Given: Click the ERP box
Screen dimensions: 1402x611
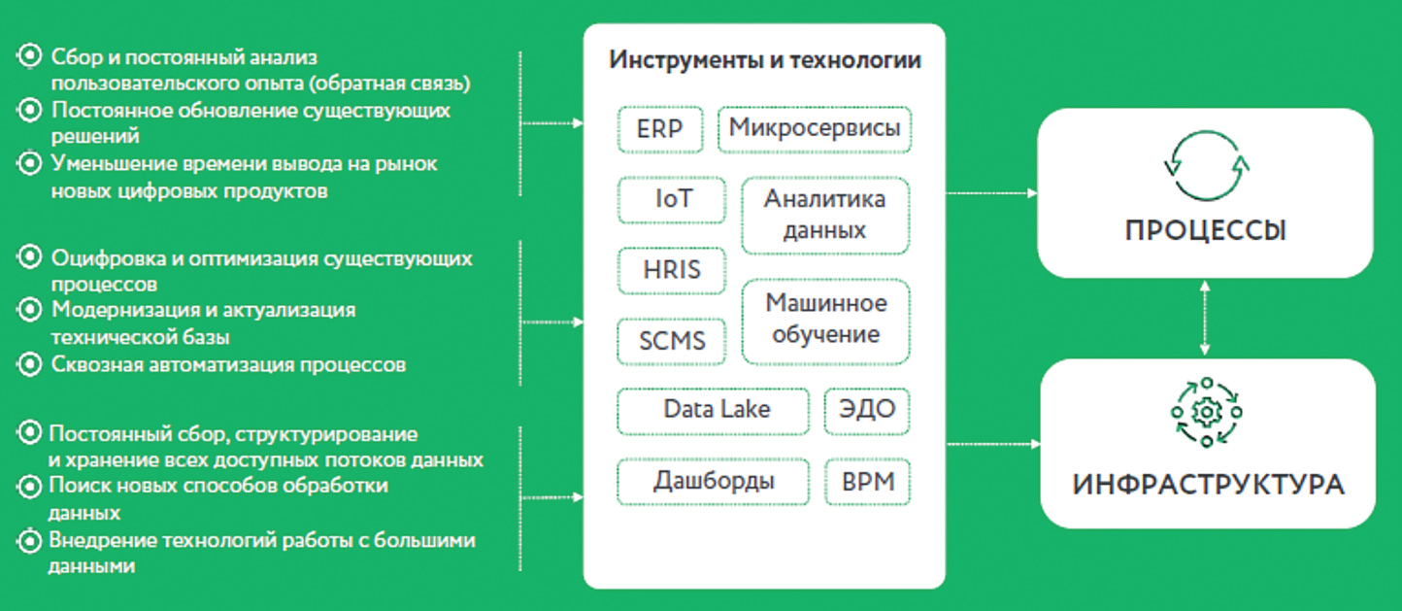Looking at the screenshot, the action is click(659, 129).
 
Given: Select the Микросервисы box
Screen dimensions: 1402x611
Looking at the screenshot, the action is click(815, 129).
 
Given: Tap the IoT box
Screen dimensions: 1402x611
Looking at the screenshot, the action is click(672, 200).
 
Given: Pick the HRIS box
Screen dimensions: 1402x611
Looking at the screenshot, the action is click(672, 270).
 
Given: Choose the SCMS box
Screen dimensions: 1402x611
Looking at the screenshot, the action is click(672, 341).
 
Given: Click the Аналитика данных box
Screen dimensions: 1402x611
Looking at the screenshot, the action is click(825, 216).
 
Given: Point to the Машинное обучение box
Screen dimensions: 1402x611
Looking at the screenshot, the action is click(825, 322).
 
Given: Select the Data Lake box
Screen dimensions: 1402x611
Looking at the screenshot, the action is click(713, 411).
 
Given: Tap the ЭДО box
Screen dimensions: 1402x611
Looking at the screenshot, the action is click(867, 411).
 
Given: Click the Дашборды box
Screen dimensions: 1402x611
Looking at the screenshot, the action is click(713, 482).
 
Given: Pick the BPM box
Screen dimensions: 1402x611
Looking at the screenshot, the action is click(867, 482).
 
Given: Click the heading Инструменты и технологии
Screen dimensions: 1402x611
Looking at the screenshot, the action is click(765, 60).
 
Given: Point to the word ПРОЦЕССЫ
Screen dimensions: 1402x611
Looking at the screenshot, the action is click(1206, 231).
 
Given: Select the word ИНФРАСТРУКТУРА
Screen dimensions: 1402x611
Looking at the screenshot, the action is click(1209, 485).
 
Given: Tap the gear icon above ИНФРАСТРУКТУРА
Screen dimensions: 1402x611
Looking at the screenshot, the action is click(1207, 412).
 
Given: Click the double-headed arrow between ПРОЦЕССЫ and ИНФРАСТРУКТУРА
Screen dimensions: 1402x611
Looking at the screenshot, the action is click(1205, 318).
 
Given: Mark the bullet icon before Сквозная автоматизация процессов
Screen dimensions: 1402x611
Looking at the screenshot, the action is click(29, 363).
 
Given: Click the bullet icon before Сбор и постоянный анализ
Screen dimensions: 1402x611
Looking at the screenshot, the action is click(29, 55).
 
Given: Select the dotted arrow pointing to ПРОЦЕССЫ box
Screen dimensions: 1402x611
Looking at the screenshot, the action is click(991, 193).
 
